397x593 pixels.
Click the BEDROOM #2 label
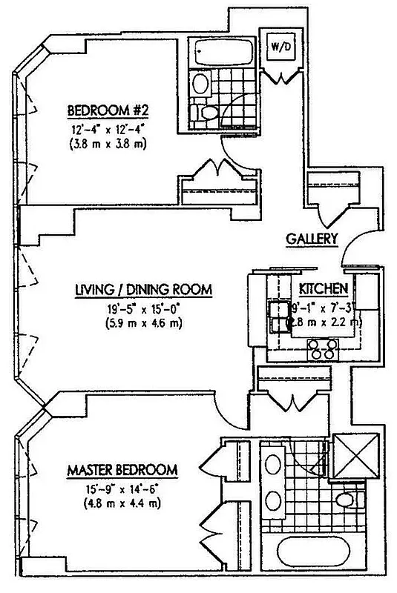(x=109, y=111)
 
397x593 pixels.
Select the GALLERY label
(x=312, y=239)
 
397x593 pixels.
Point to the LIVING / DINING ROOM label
(x=144, y=290)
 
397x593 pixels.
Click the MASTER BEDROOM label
(x=122, y=470)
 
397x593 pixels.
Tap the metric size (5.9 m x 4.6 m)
(x=144, y=323)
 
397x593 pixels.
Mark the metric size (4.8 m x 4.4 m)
(x=122, y=504)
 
